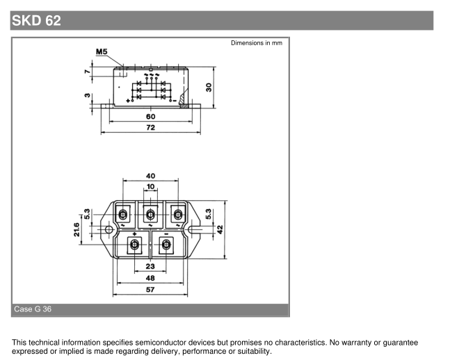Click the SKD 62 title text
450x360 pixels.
tap(36, 21)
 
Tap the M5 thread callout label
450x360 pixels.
tap(102, 51)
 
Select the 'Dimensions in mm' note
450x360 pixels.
tap(257, 43)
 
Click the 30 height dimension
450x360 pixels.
tap(209, 88)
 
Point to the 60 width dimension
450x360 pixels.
tap(151, 117)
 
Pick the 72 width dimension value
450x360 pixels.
tap(151, 127)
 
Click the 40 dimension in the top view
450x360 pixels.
tap(151, 176)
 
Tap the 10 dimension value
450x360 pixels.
tap(151, 187)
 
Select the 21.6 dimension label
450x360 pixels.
tap(77, 229)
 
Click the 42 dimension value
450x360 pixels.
tap(220, 229)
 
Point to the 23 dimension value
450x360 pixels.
tap(150, 266)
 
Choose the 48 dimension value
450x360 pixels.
tap(150, 278)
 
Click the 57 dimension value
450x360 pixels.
tap(150, 290)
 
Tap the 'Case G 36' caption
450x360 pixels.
tap(33, 309)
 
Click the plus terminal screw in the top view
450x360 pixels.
tap(134, 245)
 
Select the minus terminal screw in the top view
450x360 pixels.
tap(166, 245)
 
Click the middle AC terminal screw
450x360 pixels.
tap(150, 214)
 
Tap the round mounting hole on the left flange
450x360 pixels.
tap(109, 229)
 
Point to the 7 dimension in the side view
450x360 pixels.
tap(88, 72)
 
